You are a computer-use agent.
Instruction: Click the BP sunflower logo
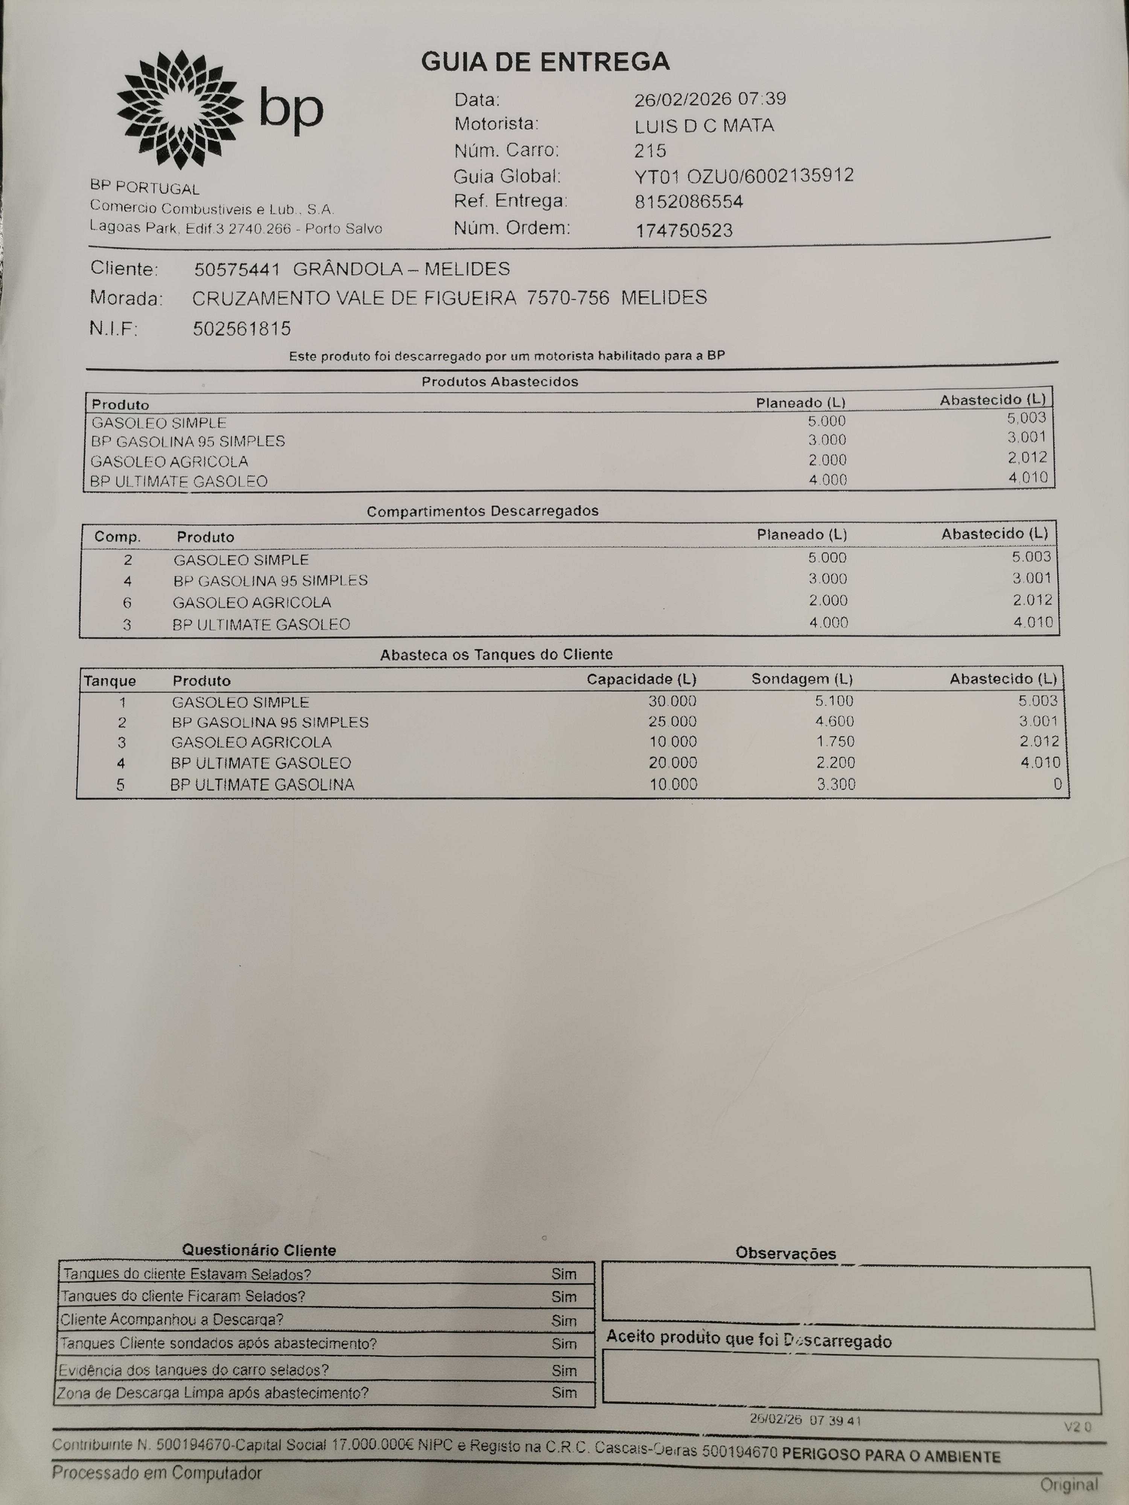click(179, 109)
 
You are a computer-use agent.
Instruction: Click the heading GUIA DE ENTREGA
click(545, 62)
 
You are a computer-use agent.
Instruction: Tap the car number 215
click(650, 150)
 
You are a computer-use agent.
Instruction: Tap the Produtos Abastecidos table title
click(499, 382)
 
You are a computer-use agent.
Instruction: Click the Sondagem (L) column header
click(802, 679)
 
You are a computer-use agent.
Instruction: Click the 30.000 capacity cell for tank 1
click(673, 701)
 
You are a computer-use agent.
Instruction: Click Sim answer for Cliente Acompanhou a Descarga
click(563, 1321)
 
